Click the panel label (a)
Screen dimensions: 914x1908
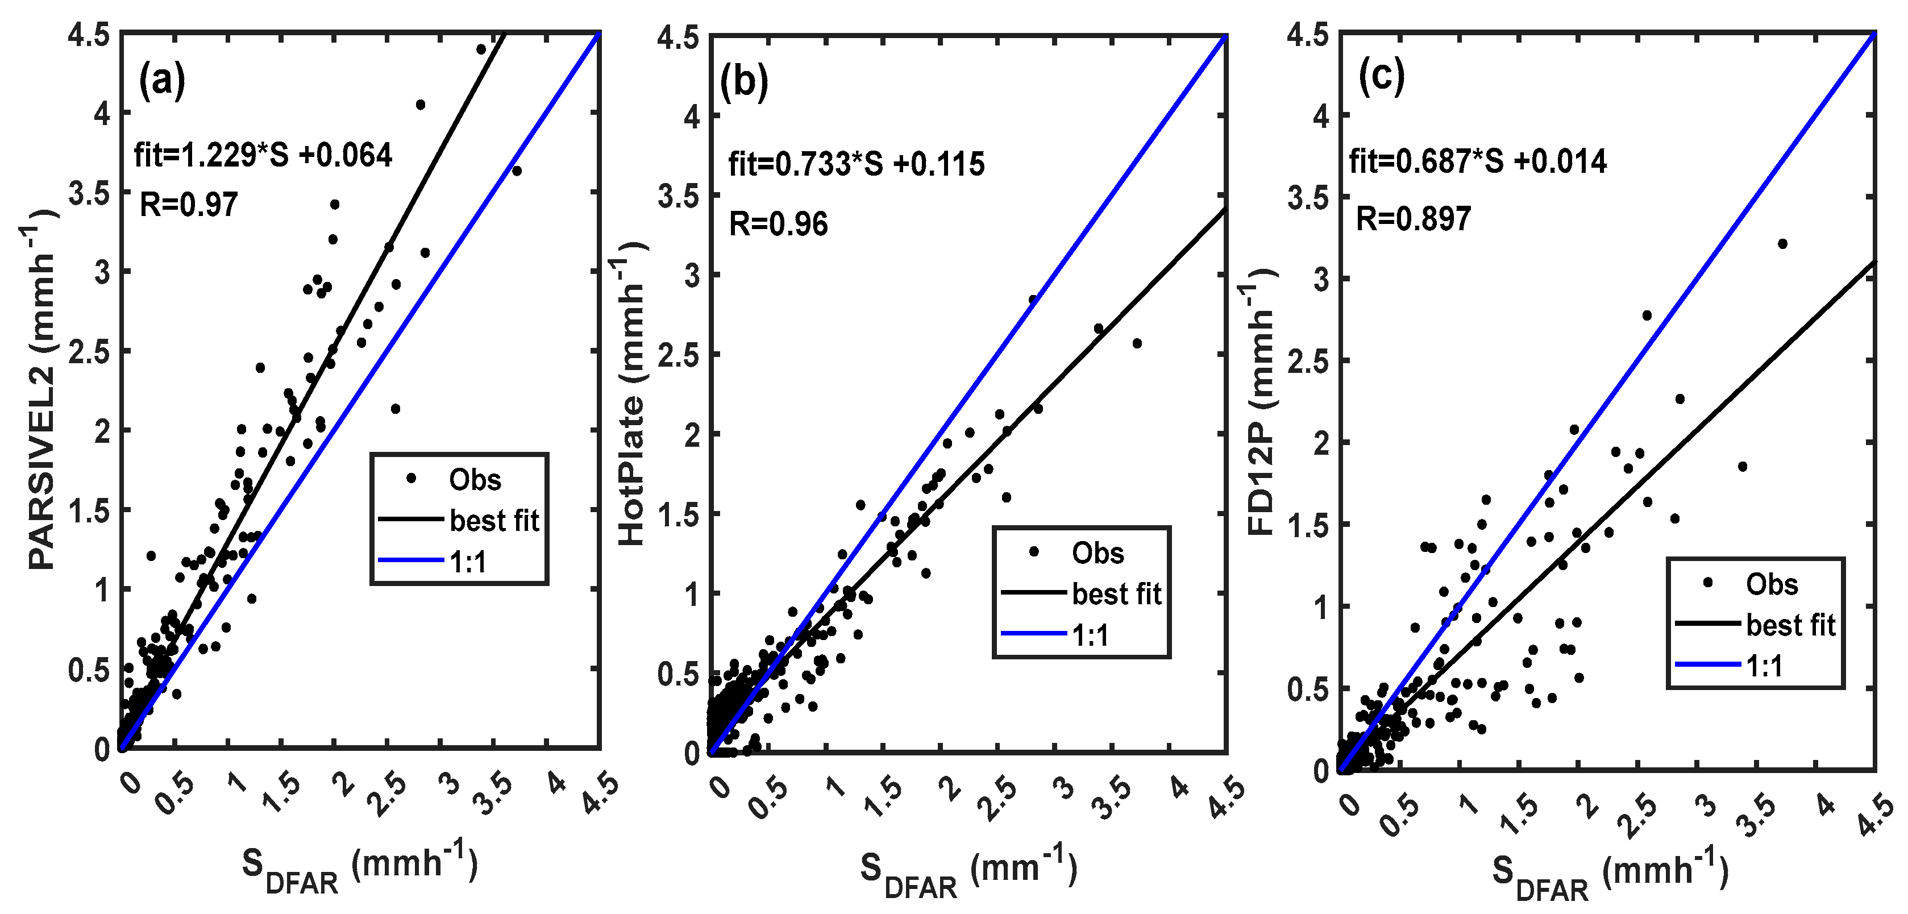point(162,80)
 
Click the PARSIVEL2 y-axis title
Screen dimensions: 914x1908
point(42,389)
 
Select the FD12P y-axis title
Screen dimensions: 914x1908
point(1261,400)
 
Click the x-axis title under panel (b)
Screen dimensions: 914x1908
point(967,870)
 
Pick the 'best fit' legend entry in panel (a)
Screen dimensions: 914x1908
point(494,521)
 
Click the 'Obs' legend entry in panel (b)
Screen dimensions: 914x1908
point(1097,552)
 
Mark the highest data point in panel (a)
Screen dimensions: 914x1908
point(481,49)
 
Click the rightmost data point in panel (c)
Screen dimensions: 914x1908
point(1782,244)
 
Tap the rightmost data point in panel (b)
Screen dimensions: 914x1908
point(1137,343)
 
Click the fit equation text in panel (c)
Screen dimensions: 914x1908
point(1477,161)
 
